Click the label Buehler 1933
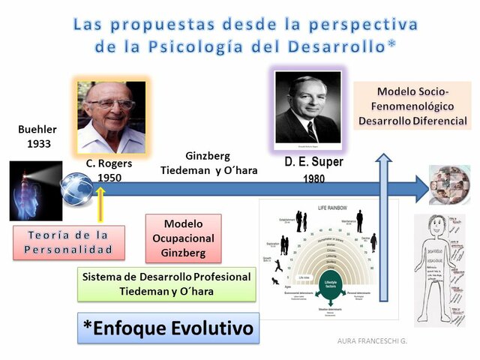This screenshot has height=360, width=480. click(x=37, y=136)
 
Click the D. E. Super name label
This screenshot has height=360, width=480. click(x=314, y=162)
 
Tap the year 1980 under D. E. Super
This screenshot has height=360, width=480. click(x=313, y=180)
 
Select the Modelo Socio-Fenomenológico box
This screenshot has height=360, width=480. click(x=412, y=106)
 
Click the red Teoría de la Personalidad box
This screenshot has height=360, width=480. click(x=68, y=241)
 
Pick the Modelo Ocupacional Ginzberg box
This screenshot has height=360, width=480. click(x=182, y=238)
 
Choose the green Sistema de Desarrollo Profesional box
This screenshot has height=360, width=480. click(x=166, y=283)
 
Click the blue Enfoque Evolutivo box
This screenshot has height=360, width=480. click(x=169, y=328)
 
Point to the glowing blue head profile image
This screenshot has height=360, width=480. click(x=36, y=191)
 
